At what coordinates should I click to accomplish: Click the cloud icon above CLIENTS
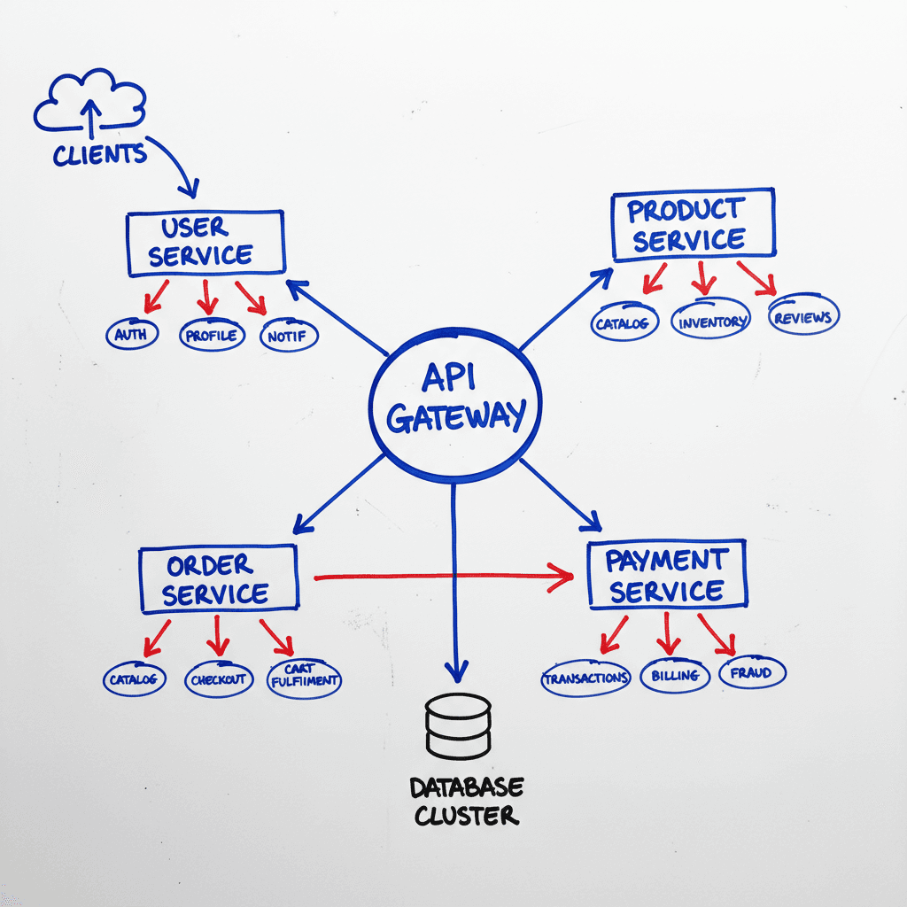(89, 102)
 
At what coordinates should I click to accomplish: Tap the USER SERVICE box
(205, 243)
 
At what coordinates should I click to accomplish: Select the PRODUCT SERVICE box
(693, 225)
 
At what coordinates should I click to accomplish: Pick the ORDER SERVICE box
(218, 578)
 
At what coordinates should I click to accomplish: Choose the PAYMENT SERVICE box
(667, 575)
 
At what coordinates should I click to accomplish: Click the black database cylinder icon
(457, 726)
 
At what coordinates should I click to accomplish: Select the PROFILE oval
(211, 336)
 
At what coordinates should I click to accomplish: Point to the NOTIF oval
(289, 337)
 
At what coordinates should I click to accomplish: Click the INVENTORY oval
(710, 321)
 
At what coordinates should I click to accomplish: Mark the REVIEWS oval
(802, 317)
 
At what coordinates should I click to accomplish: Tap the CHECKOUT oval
(219, 679)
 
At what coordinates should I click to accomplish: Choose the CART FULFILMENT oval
(304, 678)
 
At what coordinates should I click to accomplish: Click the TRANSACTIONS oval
(585, 678)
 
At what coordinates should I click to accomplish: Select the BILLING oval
(676, 675)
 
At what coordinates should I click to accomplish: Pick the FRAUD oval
(751, 672)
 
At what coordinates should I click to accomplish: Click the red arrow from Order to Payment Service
(443, 578)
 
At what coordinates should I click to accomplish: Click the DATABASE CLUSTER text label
(467, 801)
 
